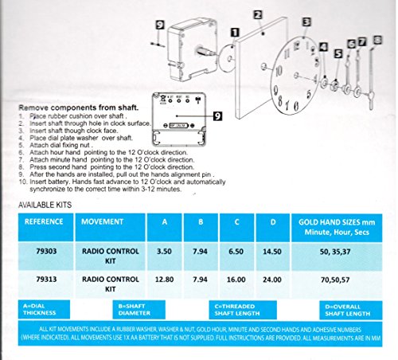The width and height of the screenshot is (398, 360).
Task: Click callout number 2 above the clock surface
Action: point(258,14)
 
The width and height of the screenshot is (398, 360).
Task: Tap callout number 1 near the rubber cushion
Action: point(234,32)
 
